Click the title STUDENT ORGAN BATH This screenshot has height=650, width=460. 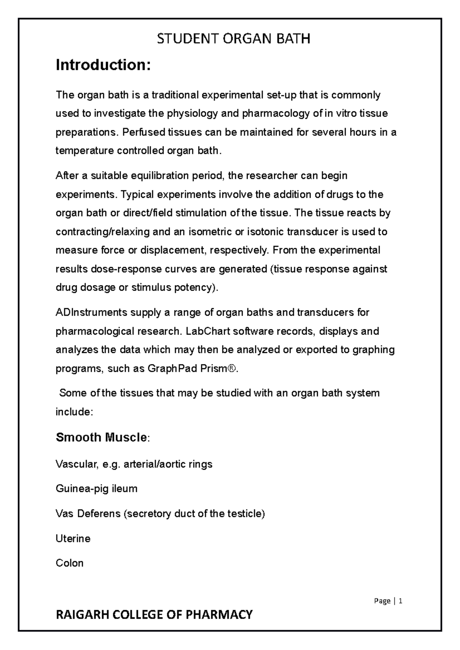pyautogui.click(x=233, y=39)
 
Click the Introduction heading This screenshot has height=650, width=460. pyautogui.click(x=103, y=65)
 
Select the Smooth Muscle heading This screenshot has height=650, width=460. pyautogui.click(x=101, y=437)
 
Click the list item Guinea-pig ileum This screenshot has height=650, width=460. pyautogui.click(x=96, y=489)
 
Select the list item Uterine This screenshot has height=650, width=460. pyautogui.click(x=73, y=539)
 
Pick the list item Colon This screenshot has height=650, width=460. pyautogui.click(x=69, y=563)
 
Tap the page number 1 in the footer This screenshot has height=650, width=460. pyautogui.click(x=401, y=601)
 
